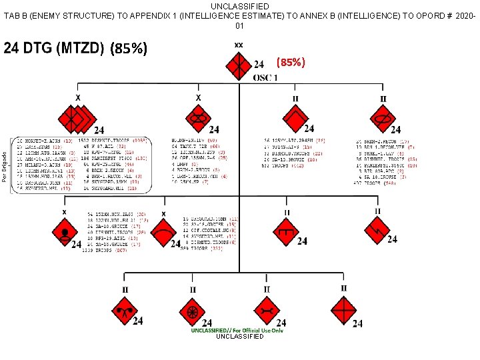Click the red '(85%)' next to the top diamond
[291, 63]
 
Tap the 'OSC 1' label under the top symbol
[265, 78]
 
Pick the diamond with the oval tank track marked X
[199, 119]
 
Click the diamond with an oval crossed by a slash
[382, 119]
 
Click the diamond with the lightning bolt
[377, 232]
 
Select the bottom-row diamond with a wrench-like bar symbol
[267, 311]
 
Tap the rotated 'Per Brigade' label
[5, 165]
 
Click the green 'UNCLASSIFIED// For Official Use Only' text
[237, 330]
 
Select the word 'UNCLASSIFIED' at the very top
[239, 6]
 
